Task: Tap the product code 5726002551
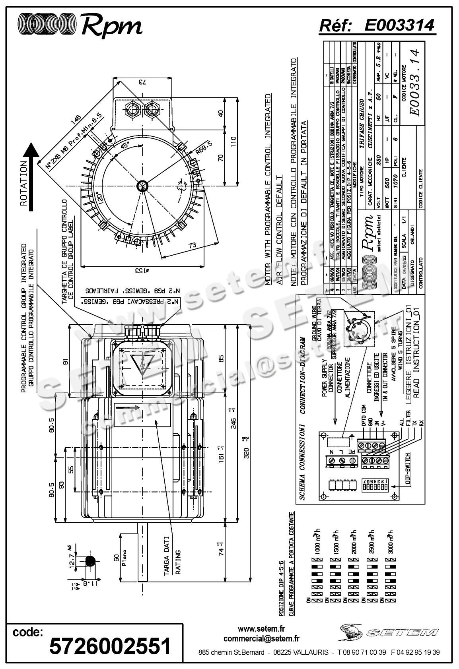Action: [110, 646]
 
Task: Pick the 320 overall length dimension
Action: [247, 453]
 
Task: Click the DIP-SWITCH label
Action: [408, 469]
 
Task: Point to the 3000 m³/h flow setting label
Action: [391, 543]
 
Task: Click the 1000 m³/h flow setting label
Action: [317, 543]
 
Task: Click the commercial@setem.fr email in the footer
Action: [261, 639]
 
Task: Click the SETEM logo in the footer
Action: [389, 632]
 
